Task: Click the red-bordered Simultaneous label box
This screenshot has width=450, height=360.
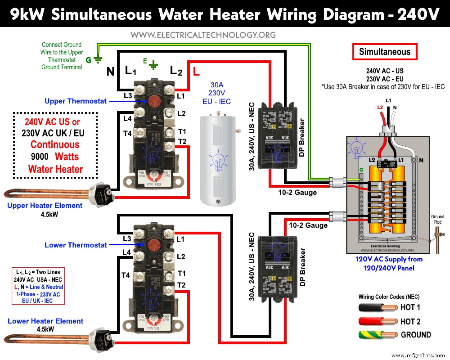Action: click(385, 52)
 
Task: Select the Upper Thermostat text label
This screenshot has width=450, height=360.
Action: click(76, 101)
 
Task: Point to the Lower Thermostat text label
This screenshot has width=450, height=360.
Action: click(76, 245)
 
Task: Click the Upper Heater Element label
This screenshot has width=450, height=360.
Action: click(45, 206)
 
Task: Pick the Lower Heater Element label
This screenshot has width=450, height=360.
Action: click(45, 321)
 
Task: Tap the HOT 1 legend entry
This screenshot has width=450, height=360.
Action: click(410, 308)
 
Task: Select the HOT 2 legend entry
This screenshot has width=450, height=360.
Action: click(410, 321)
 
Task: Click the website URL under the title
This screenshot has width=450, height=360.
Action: click(203, 35)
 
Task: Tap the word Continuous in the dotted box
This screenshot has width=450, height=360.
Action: click(55, 145)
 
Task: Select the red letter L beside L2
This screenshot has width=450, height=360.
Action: click(196, 71)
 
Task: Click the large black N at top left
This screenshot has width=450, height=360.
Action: click(110, 71)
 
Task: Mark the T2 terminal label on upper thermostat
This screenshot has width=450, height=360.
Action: click(182, 142)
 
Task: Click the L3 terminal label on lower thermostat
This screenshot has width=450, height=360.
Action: click(127, 238)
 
